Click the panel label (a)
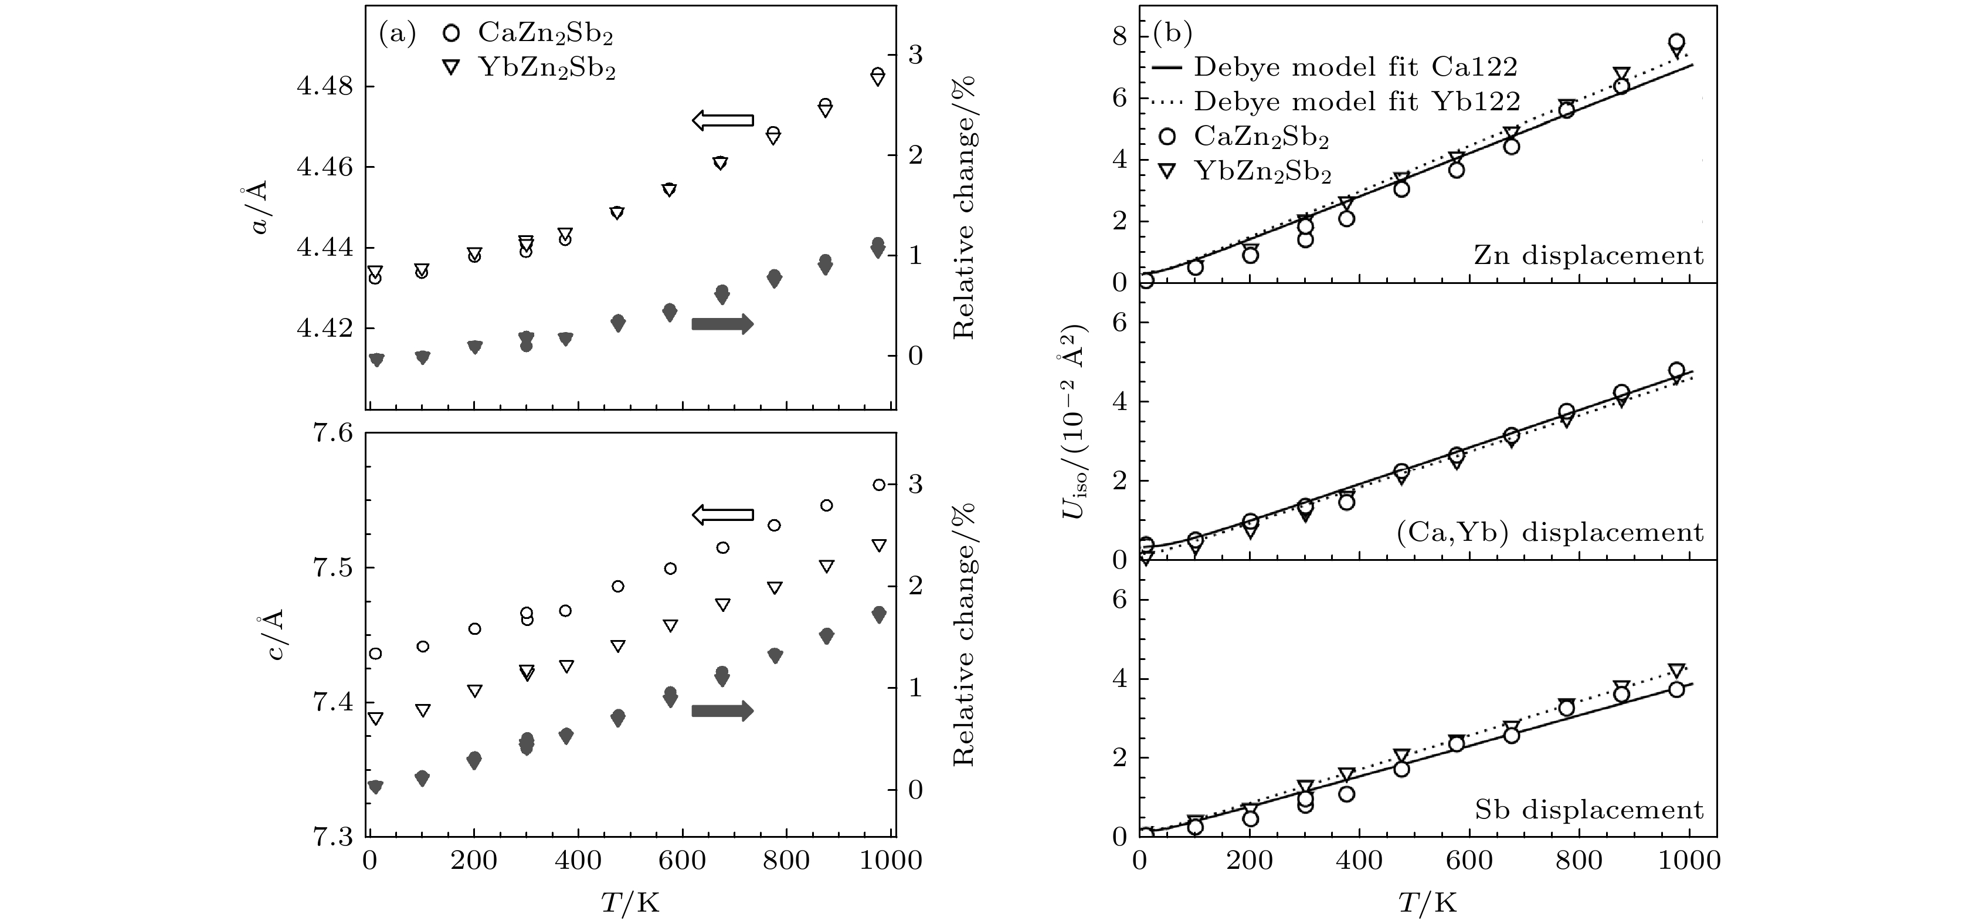point(398,33)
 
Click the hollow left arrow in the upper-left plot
point(722,120)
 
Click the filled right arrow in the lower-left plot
point(722,710)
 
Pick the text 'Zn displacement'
point(1588,255)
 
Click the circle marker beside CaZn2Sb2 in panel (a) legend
point(452,33)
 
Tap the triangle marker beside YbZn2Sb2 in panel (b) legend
point(1167,171)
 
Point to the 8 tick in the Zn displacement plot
point(1119,36)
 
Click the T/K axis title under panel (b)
point(1427,903)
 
